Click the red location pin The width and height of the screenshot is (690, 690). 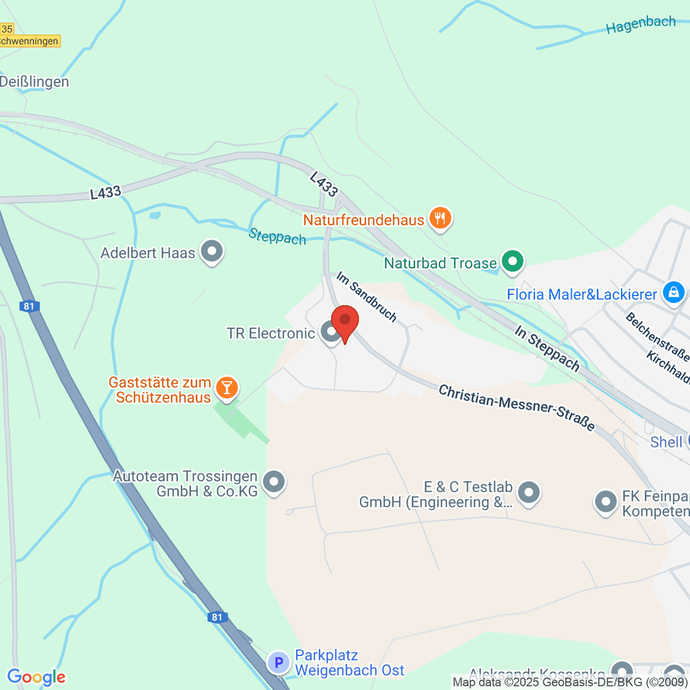tap(345, 321)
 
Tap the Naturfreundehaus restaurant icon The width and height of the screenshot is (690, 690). tap(440, 218)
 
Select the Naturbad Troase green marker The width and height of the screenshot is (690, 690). tap(512, 262)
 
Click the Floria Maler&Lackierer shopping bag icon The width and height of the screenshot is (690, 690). tap(673, 293)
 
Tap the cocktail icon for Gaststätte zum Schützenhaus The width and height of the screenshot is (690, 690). tap(227, 388)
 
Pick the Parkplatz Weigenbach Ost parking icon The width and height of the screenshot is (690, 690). tap(279, 662)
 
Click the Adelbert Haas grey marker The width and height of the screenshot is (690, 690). tap(212, 252)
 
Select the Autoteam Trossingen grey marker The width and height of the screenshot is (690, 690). tap(274, 482)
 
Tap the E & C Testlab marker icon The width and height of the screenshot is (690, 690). tap(528, 492)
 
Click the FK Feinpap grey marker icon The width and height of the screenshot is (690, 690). tap(605, 501)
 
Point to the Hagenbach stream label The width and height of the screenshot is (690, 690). tap(641, 25)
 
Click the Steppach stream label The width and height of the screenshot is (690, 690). tap(277, 236)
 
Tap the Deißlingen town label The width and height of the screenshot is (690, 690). tap(34, 82)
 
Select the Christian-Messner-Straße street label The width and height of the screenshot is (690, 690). tap(516, 407)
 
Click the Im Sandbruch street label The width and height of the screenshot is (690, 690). tap(366, 297)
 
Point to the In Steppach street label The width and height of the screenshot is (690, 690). tap(547, 348)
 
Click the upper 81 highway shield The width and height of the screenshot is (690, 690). tap(29, 306)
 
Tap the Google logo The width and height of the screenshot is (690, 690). tap(36, 677)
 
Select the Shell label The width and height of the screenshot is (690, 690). tap(666, 442)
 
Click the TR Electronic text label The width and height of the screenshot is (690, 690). tap(270, 333)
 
